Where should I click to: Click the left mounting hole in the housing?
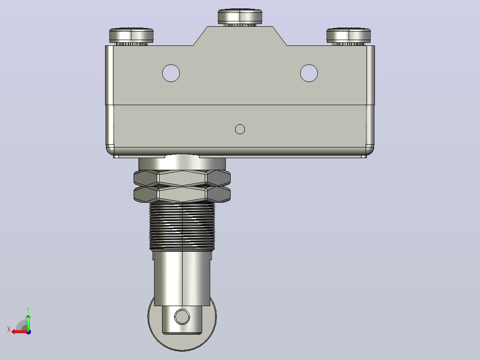tap(171, 73)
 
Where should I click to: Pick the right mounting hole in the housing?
tap(309, 73)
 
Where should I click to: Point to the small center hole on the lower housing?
tap(240, 129)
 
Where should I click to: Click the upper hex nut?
tap(182, 178)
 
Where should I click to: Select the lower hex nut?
tap(182, 194)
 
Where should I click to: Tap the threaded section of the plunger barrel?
tap(182, 226)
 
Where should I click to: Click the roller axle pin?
tap(182, 316)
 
